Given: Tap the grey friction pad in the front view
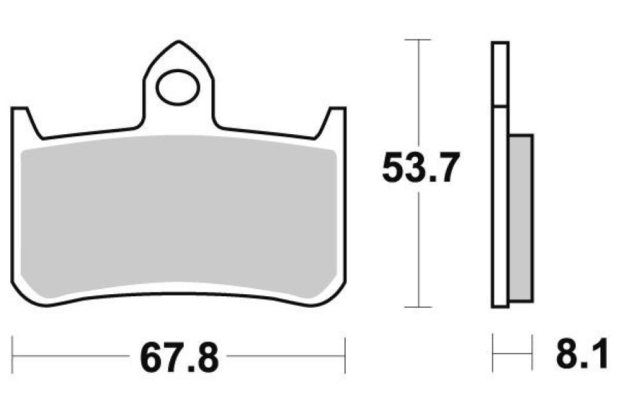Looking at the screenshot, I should (x=179, y=219).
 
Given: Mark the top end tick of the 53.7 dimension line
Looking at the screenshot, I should (x=420, y=40).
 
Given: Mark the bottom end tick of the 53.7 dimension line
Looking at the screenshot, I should (x=420, y=307).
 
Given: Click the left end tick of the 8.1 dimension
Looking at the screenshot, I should (x=493, y=353).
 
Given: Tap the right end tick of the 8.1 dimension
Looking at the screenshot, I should (x=533, y=353).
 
